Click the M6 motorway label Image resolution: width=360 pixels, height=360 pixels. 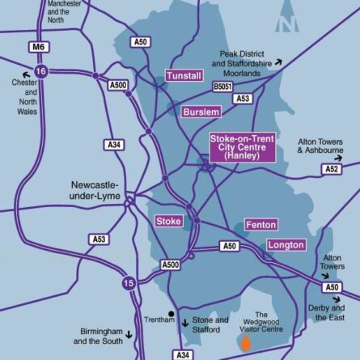pos(37,48)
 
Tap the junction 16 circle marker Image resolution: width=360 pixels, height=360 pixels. pos(41,72)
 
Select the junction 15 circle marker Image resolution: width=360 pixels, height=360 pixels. pos(129,282)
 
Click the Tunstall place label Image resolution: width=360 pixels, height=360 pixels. pos(183,75)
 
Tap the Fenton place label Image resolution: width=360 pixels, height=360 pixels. pos(260,224)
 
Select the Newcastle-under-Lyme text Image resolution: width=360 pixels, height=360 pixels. pos(95,190)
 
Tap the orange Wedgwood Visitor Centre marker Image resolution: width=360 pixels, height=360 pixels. pos(246,343)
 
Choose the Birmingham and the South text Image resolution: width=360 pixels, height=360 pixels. pos(102,337)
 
